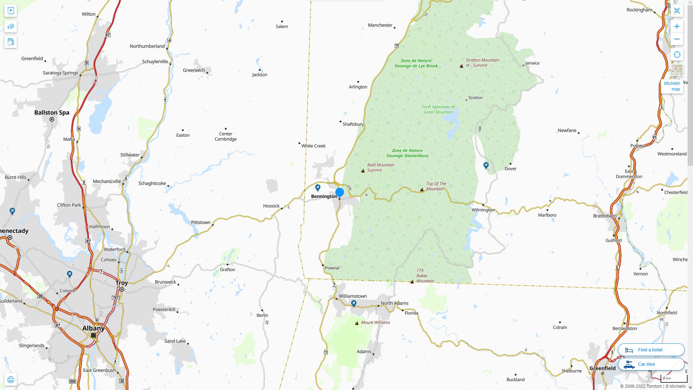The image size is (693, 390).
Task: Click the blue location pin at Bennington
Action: coord(339,192)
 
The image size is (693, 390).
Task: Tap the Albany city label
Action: coord(93,328)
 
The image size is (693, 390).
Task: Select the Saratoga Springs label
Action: coord(60,73)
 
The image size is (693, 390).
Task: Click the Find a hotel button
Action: coord(651,350)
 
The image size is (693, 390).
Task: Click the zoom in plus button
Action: coord(677,26)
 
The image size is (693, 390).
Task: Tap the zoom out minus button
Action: coord(677,39)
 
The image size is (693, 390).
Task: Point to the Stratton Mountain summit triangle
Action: coord(461,66)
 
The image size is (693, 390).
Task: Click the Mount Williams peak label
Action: coord(375,322)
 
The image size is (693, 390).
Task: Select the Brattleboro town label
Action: coord(605,216)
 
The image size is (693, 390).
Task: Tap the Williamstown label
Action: coord(353,296)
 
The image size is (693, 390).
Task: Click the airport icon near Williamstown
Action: coord(354,304)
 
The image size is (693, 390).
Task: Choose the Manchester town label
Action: coord(380,25)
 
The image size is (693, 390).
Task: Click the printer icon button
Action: coord(10,380)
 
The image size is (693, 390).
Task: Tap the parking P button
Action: coord(10,11)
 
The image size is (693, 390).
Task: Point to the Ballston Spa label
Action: coord(52,113)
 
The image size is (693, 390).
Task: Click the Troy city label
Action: coord(122,283)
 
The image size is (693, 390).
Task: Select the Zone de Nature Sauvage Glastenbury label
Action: coord(407,153)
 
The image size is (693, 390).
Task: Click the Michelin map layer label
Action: coord(672,86)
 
